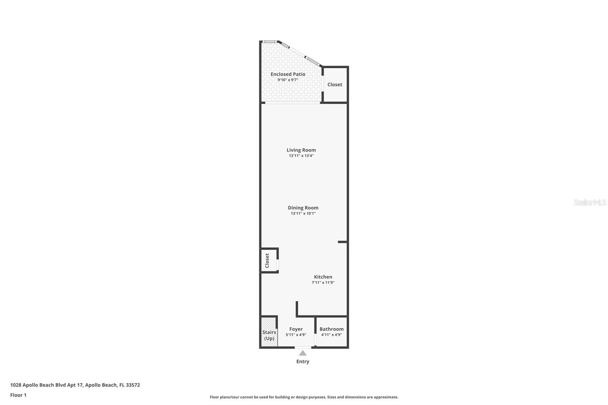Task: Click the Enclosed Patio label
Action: tap(288, 74)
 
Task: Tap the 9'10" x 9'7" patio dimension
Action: tap(288, 80)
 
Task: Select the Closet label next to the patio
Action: tap(335, 84)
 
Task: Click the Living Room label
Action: tap(301, 150)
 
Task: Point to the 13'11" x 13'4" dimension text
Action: tap(301, 156)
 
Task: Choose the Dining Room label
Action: tap(303, 208)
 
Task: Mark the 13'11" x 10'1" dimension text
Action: tap(303, 214)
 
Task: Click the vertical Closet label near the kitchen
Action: tap(267, 261)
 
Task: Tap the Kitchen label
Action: tap(323, 277)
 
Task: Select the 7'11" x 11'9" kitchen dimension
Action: tap(323, 283)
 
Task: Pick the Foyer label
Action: tap(296, 329)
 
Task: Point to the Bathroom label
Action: tap(331, 329)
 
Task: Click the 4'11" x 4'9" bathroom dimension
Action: tap(331, 335)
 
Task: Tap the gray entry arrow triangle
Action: tap(302, 353)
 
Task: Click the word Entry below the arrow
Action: tap(302, 362)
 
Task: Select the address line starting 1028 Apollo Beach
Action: tap(75, 385)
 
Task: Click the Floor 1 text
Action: tap(18, 395)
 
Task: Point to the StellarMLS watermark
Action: tap(590, 202)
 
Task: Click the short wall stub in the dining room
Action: tap(342, 242)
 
